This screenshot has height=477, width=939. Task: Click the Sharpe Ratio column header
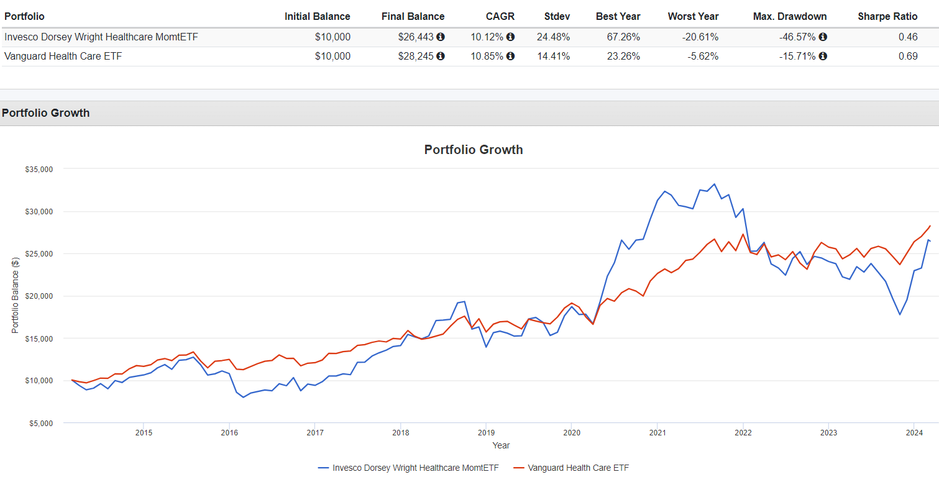pyautogui.click(x=887, y=16)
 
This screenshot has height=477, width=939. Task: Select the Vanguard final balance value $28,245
pyautogui.click(x=416, y=56)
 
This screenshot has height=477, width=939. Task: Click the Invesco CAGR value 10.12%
pyautogui.click(x=487, y=37)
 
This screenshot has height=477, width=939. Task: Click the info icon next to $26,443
pyautogui.click(x=441, y=37)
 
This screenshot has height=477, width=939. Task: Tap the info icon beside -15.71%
pyautogui.click(x=823, y=56)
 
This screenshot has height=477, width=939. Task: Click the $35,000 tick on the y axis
pyautogui.click(x=39, y=169)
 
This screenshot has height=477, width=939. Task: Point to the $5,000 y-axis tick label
pyautogui.click(x=40, y=423)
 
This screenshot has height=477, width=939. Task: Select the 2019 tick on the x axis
pyautogui.click(x=486, y=432)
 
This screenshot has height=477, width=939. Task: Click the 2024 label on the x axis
pyautogui.click(x=914, y=432)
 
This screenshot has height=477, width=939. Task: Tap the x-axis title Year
pyautogui.click(x=501, y=445)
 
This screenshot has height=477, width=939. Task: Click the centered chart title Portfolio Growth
pyautogui.click(x=474, y=150)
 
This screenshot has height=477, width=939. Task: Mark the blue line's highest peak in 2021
pyautogui.click(x=714, y=184)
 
